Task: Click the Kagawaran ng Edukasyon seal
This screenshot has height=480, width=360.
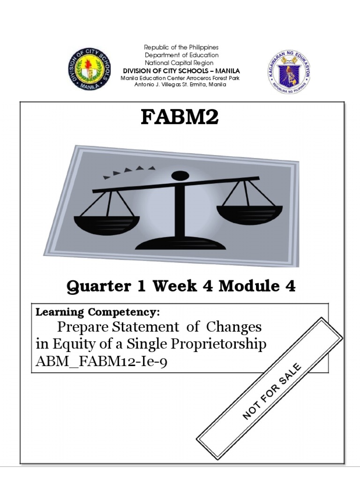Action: point(289,71)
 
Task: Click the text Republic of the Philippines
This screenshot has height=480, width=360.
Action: point(181,48)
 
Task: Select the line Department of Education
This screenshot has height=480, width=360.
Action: point(181,55)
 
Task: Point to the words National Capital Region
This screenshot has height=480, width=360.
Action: point(181,63)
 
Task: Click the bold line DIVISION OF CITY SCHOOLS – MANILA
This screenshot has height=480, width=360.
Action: point(181,71)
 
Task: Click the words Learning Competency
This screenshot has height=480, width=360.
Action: point(98,312)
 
